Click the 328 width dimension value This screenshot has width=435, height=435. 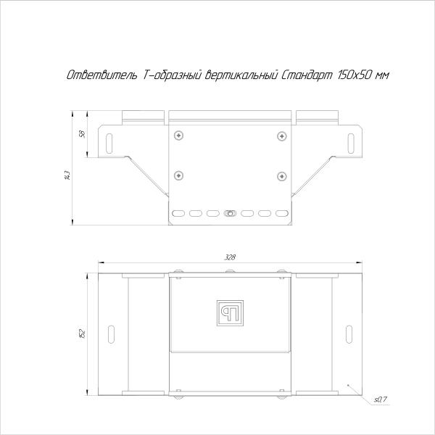pos(230,257)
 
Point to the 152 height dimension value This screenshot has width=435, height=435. pos(83,333)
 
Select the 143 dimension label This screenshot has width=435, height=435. pos(67,175)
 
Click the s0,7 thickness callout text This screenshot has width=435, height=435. pos(381,399)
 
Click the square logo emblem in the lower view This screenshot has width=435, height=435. pos(231,312)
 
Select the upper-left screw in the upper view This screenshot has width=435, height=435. pos(178,135)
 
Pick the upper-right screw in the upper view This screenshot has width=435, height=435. pos(281,135)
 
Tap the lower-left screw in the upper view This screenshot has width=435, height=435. pos(178,175)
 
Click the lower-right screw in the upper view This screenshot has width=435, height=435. pos(281,175)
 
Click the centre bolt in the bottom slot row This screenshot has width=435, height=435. pos(230,213)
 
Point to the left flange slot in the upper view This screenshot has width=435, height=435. pos(110,142)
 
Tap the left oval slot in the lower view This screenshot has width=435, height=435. pos(110,333)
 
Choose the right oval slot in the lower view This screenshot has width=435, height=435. pos(350,333)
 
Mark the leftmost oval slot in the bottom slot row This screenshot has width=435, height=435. pos(178,213)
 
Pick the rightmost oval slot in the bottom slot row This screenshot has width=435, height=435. pos(282,213)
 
